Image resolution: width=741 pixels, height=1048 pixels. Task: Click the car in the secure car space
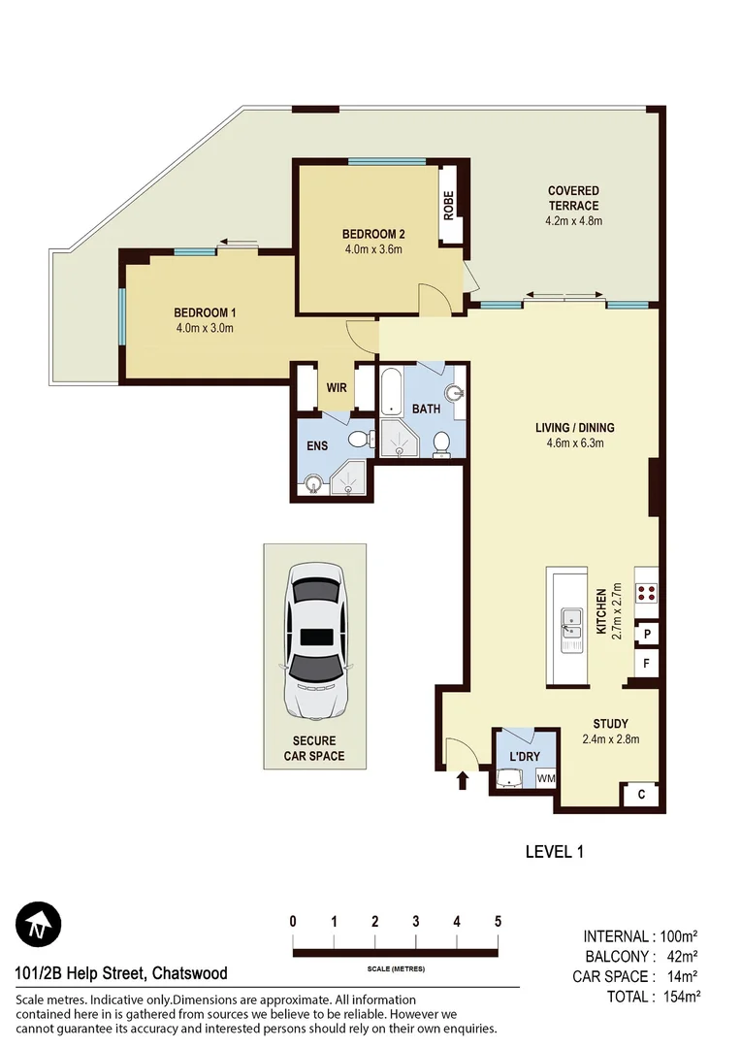[x=314, y=645]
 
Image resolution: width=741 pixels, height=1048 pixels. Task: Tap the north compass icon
[x=38, y=925]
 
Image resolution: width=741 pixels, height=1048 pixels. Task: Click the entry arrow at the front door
[x=463, y=780]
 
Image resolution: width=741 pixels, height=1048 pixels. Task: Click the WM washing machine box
[x=545, y=778]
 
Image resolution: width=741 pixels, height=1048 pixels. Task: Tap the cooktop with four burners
[x=647, y=594]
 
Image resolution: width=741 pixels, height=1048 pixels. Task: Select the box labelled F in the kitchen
[x=646, y=665]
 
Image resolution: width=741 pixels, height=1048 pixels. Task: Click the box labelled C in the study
[x=642, y=796]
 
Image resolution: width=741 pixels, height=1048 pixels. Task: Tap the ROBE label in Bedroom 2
[x=449, y=206]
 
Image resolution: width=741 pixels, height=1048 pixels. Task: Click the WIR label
[x=337, y=387]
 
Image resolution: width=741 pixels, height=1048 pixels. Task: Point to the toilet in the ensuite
[x=358, y=440]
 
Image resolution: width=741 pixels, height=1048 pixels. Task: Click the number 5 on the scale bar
[x=498, y=921]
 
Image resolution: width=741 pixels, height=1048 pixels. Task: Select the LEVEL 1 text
[x=554, y=852]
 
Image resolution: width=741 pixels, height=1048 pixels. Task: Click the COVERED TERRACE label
[x=573, y=198]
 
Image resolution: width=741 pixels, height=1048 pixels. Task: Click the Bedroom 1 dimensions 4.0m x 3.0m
[x=205, y=328]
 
